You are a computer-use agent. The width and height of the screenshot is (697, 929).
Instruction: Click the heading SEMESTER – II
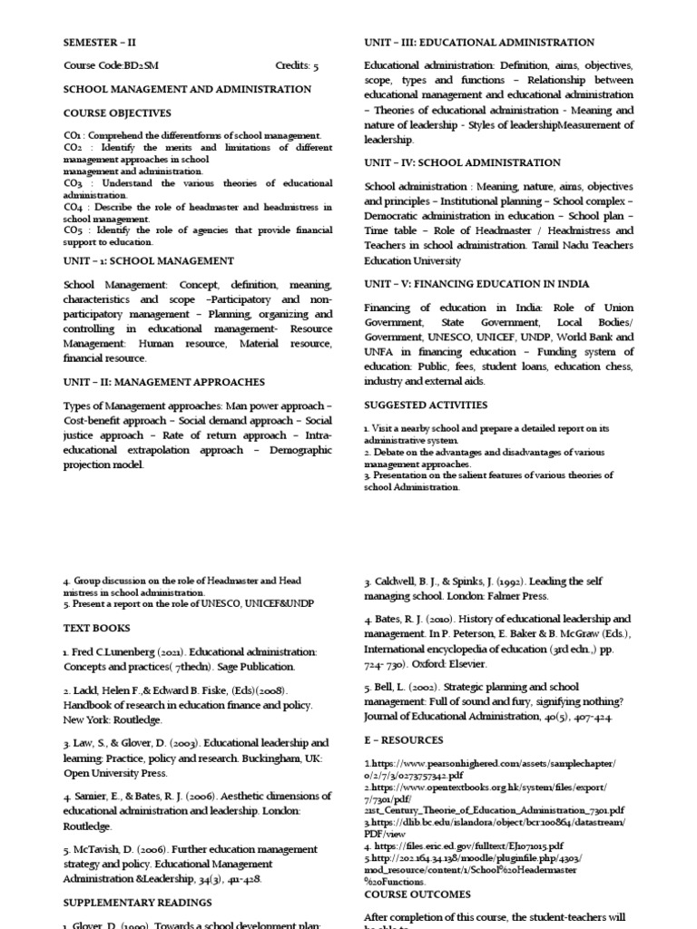click(x=100, y=43)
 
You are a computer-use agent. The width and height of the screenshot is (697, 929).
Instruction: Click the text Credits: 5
click(x=297, y=66)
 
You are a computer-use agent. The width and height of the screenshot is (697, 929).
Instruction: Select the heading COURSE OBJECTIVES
click(x=116, y=113)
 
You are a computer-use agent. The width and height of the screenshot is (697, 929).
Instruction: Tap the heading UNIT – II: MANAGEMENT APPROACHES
click(x=163, y=383)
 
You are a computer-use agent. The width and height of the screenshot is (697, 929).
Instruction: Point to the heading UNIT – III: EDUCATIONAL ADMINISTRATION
click(x=479, y=43)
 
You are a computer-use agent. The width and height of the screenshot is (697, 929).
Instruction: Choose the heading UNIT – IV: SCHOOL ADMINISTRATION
click(x=462, y=163)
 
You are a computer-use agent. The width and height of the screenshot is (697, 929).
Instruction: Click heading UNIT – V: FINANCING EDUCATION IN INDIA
click(x=476, y=284)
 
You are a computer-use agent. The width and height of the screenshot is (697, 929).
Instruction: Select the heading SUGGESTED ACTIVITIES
click(x=426, y=405)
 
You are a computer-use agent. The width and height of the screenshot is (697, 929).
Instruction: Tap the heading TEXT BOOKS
click(x=96, y=628)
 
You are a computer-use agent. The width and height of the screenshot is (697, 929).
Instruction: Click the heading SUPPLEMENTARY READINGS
click(x=137, y=903)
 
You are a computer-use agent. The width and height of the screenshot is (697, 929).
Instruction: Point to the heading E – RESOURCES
click(x=403, y=740)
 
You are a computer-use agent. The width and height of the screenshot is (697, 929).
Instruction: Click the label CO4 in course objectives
click(x=73, y=207)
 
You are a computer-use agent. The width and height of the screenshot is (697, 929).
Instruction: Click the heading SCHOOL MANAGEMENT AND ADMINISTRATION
click(x=187, y=90)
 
